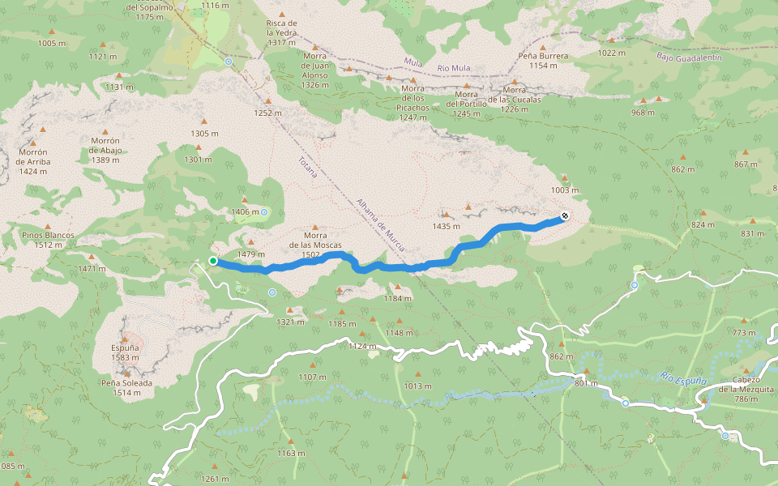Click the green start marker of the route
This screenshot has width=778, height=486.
(x=212, y=261)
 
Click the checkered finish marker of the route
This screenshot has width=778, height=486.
(x=564, y=216)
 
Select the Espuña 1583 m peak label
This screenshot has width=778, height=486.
(x=126, y=352)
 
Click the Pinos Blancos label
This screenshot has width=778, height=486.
(x=49, y=240)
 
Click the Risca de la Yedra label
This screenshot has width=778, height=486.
(x=281, y=32)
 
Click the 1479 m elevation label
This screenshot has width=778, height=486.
(x=251, y=254)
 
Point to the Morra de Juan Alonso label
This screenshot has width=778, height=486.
(x=314, y=70)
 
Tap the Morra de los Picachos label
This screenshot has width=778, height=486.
(x=413, y=103)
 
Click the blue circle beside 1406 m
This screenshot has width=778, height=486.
(x=264, y=212)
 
